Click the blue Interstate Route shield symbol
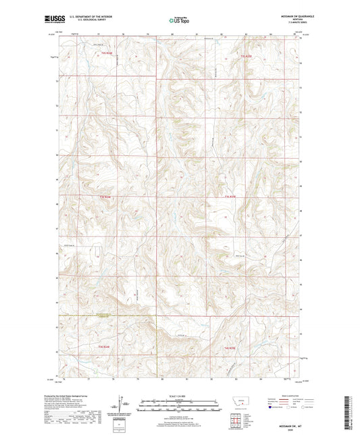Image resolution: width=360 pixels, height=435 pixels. [271, 407]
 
